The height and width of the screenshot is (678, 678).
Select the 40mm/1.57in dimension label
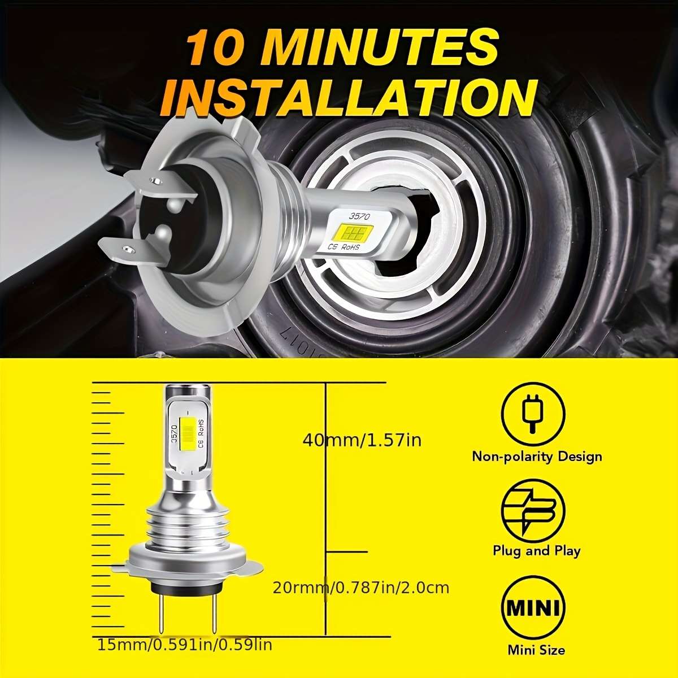362,440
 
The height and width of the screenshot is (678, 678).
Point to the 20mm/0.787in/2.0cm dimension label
361,588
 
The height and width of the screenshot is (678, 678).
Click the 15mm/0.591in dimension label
185,644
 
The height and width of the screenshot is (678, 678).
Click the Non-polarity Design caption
537,457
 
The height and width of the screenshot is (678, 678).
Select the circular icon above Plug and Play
533,510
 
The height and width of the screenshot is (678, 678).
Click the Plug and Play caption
536,551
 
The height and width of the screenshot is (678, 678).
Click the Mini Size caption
536,650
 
